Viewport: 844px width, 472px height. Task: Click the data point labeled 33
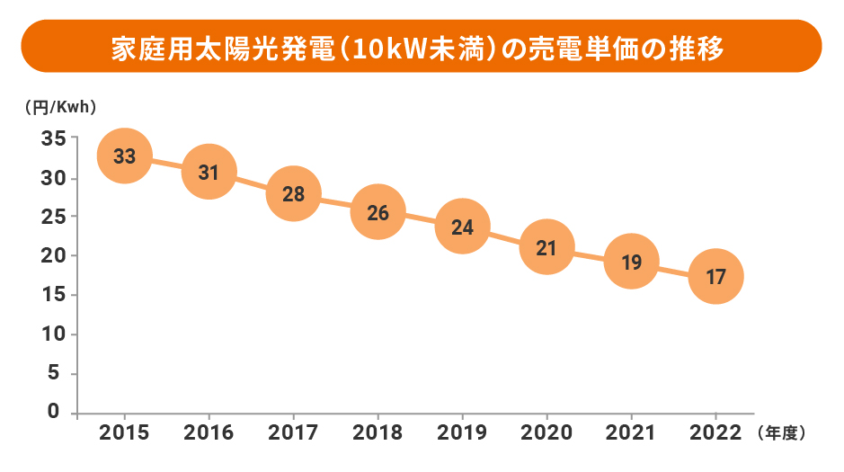coord(125,156)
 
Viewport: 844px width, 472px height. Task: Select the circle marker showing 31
coord(209,172)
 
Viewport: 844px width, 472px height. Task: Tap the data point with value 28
coord(293,193)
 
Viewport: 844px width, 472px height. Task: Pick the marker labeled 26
coord(378,213)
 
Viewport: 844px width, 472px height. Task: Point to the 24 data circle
coord(462,227)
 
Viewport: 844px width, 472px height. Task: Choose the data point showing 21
coord(546,247)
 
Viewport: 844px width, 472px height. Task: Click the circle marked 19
coord(631,263)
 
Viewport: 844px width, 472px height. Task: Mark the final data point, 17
coord(715,277)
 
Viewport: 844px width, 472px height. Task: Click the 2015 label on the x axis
coord(125,433)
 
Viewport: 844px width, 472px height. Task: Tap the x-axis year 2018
coord(378,433)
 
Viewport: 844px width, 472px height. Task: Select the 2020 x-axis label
coord(546,433)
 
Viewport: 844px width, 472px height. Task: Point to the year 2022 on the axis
coord(715,433)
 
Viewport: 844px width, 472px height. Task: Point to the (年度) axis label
coord(781,433)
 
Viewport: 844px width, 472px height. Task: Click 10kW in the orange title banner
coord(378,48)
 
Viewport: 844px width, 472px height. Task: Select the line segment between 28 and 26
coord(335,203)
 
